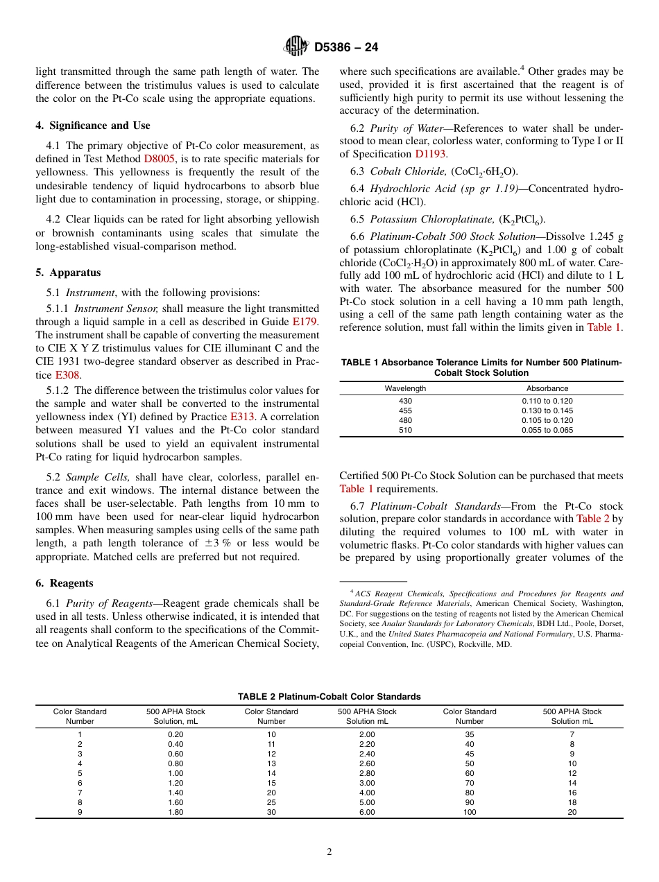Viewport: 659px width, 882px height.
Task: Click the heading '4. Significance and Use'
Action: point(92,126)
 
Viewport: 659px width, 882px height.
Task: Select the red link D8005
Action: point(160,158)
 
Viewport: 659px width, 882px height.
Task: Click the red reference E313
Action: point(243,417)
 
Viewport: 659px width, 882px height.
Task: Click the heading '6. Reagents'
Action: point(64,583)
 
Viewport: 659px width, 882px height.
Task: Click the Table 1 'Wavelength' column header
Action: point(405,388)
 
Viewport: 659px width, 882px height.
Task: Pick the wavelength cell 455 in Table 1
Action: point(405,410)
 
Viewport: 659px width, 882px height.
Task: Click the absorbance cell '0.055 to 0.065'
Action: point(547,430)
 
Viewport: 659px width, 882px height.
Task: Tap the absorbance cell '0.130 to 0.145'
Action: point(547,410)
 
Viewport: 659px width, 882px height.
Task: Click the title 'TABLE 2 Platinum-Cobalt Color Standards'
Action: point(329,696)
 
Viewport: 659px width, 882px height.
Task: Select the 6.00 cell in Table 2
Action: point(367,813)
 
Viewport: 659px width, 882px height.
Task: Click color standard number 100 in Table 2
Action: point(470,813)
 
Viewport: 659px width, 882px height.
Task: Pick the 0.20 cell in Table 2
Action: point(176,734)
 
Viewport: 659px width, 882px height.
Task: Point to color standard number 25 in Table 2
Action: point(271,803)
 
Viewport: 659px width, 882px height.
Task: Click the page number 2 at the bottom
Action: point(329,852)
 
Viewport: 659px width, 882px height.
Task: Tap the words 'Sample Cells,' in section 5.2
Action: point(97,477)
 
